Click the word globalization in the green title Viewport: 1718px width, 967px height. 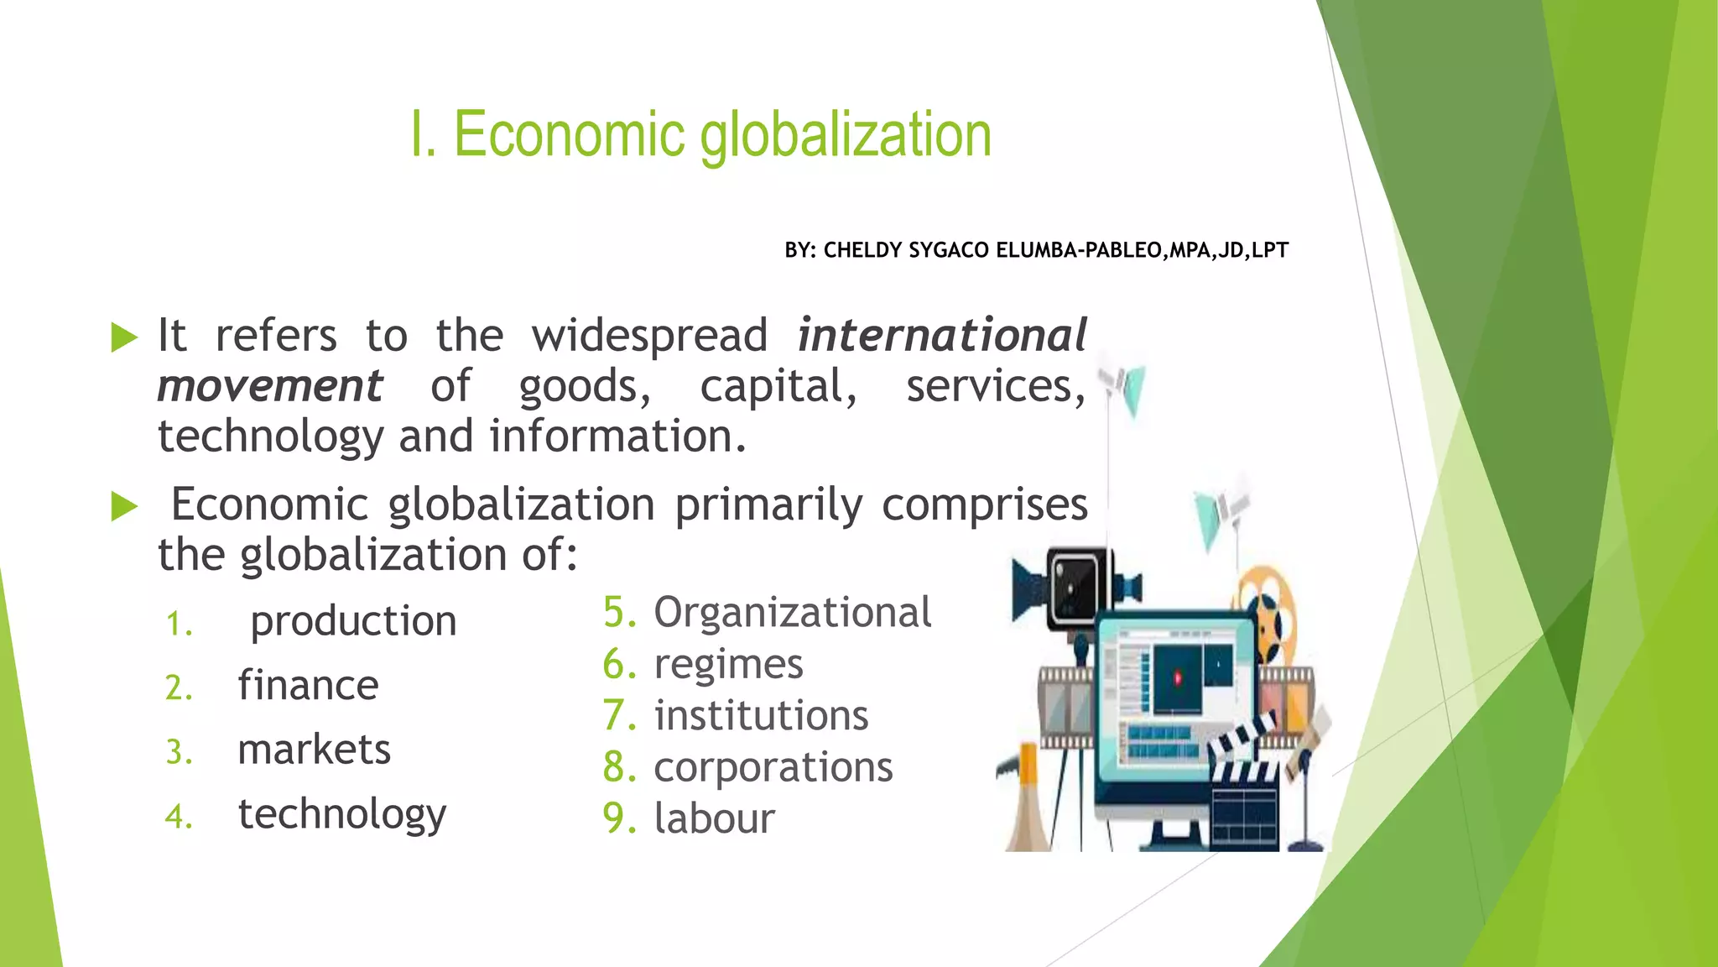[x=846, y=136]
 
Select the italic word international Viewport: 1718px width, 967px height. [x=941, y=336]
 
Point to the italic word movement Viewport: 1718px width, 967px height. [x=270, y=386]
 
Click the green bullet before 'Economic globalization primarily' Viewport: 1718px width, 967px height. [x=124, y=506]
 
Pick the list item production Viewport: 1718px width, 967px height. [x=353, y=621]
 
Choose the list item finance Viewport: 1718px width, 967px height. [x=308, y=685]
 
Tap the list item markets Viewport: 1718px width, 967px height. [x=314, y=750]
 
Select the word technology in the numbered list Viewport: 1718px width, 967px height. [x=342, y=814]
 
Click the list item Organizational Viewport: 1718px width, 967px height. [x=792, y=612]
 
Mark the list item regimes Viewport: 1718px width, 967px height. [x=728, y=664]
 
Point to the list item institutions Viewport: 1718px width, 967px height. [x=761, y=716]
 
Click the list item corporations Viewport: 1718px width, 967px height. [x=773, y=767]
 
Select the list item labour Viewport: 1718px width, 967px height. [x=714, y=818]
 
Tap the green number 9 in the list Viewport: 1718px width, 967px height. [x=619, y=818]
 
